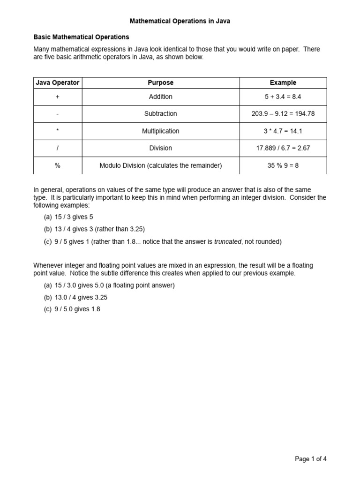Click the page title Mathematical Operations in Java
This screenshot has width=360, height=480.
click(180, 21)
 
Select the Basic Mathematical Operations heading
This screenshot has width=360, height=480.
click(81, 37)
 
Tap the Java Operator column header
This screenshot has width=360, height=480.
click(58, 82)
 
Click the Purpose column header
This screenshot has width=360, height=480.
click(160, 82)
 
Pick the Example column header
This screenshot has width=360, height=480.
click(283, 82)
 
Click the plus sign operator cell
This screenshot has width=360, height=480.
click(58, 97)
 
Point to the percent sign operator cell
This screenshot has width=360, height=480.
click(58, 165)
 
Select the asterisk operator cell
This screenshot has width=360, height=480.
click(58, 131)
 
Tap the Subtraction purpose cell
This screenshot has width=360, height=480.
click(160, 113)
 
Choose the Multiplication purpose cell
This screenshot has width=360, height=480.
click(160, 131)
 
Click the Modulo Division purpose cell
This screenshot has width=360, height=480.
click(160, 165)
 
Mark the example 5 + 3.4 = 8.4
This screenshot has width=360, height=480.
click(283, 97)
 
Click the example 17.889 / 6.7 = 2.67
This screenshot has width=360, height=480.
click(283, 148)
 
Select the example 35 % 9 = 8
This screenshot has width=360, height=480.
click(283, 165)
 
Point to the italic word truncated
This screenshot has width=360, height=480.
click(227, 242)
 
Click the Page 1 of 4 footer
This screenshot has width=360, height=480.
click(310, 459)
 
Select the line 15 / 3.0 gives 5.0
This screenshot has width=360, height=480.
click(109, 285)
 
